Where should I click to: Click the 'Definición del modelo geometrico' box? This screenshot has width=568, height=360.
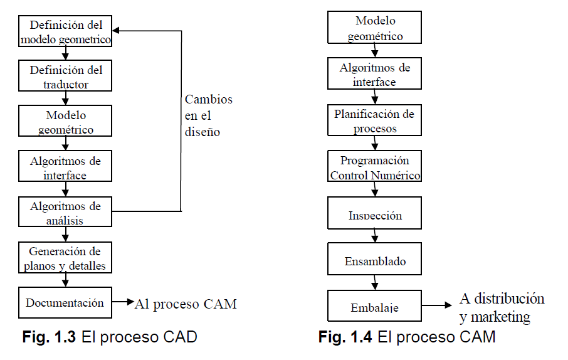(x=65, y=32)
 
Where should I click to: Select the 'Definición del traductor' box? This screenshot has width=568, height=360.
(x=65, y=77)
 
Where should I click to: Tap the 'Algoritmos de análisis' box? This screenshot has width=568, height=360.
(x=65, y=212)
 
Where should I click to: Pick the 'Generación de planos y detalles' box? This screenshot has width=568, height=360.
(x=65, y=258)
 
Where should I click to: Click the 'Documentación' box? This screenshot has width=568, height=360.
(x=65, y=303)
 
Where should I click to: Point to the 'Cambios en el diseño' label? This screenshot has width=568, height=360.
(x=208, y=116)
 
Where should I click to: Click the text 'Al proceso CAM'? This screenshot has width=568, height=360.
(x=186, y=304)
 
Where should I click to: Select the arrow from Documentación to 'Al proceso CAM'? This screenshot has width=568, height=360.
(x=123, y=304)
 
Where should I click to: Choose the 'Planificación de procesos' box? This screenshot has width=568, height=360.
(x=374, y=121)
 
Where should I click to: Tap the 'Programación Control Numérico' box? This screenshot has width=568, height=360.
(x=374, y=167)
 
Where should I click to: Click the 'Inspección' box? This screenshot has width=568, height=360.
(x=374, y=214)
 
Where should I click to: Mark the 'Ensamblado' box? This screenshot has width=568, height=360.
(x=374, y=261)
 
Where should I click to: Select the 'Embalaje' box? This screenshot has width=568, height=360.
(x=374, y=307)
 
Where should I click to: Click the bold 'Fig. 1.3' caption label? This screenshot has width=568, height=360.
(x=49, y=337)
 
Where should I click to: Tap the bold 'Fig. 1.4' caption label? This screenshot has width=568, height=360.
(x=347, y=337)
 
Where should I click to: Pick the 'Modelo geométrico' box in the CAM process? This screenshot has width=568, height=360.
(x=374, y=28)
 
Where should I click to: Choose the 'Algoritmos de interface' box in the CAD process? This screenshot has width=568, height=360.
(x=65, y=167)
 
